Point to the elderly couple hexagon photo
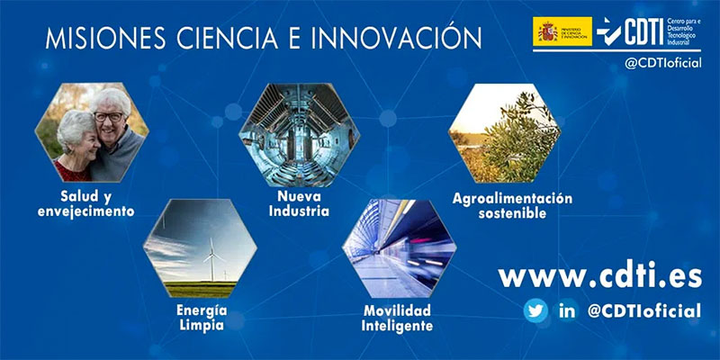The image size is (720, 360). pos(91,132)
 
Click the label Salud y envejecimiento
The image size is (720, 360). pos(86,204)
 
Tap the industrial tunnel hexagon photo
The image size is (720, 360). pos(299,132)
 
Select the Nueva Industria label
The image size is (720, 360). pos(298,204)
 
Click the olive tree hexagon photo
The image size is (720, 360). pos(505,132)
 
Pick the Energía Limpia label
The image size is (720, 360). pos(201,318)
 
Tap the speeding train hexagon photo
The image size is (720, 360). pos(399,248)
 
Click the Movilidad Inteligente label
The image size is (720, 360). pos(398,318)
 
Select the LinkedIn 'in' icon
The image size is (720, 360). pos(566,311)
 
